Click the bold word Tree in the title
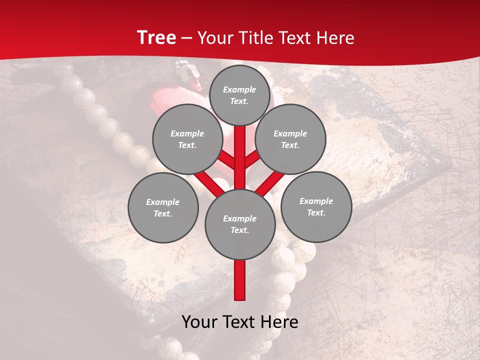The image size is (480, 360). [x=156, y=38]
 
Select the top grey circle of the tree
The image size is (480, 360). [x=239, y=95]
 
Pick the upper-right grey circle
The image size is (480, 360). [x=290, y=139]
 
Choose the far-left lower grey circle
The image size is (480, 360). [x=163, y=207]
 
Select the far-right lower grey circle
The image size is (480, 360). [x=316, y=206]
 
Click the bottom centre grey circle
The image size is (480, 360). [x=240, y=224]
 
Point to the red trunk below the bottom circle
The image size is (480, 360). [x=240, y=280]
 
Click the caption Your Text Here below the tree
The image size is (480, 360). [x=240, y=321]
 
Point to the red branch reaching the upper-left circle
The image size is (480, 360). [x=226, y=160]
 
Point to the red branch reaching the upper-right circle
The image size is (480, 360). [x=253, y=159]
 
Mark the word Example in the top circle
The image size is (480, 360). [x=239, y=89]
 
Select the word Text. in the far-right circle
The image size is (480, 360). [x=316, y=212]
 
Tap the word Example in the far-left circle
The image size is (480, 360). [x=162, y=202]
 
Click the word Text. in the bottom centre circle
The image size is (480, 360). [x=239, y=230]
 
